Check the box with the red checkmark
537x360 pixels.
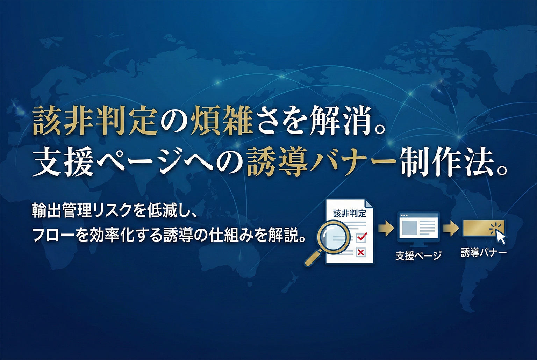pos(361,237)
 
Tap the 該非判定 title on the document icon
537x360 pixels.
pos(349,214)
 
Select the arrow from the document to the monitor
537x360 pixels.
pos(386,228)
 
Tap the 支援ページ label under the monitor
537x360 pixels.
pos(418,256)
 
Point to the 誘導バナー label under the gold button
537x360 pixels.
pos(484,253)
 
